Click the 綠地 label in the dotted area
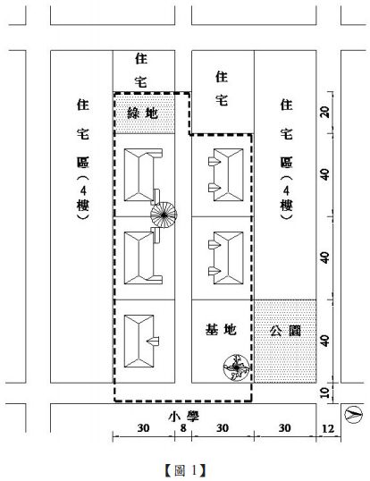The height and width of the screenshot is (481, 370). [142, 114]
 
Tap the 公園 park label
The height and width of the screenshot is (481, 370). [285, 331]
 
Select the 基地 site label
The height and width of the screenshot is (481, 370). [221, 330]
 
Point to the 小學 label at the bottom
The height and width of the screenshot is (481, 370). [183, 417]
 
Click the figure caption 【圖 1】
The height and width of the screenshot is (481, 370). [186, 469]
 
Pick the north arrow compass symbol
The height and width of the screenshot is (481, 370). [353, 414]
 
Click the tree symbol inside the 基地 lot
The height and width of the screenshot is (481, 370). [236, 367]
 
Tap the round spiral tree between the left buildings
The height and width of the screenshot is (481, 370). [164, 215]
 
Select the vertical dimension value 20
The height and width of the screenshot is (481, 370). [325, 112]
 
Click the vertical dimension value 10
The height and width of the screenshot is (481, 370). [325, 392]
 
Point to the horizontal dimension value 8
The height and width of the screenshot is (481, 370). [183, 428]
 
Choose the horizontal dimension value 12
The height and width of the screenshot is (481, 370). [328, 428]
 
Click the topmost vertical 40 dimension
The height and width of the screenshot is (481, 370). [325, 174]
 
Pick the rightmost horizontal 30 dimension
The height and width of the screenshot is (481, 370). [284, 428]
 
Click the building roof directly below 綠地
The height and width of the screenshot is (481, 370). [143, 175]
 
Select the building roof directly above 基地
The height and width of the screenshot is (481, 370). [226, 258]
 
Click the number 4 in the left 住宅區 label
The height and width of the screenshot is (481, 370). [83, 190]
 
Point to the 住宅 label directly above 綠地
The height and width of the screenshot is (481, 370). [141, 71]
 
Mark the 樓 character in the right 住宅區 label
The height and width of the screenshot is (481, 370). [286, 206]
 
